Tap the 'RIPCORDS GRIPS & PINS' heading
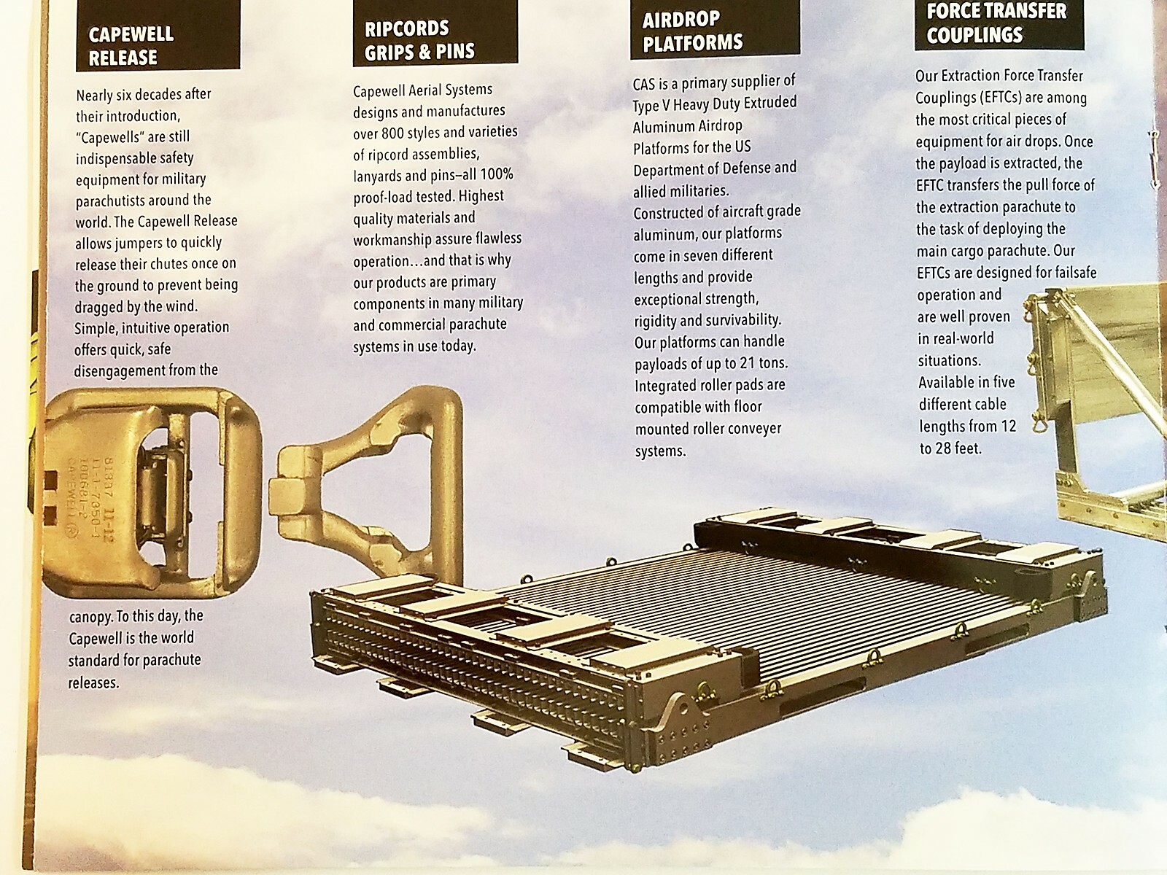coord(419,40)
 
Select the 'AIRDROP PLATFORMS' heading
coord(692,31)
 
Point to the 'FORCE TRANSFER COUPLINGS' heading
coord(996,22)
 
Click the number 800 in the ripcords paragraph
coord(399,133)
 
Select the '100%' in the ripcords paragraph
coord(498,175)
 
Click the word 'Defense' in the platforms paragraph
coord(733,168)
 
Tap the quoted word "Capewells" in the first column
coord(110,136)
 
